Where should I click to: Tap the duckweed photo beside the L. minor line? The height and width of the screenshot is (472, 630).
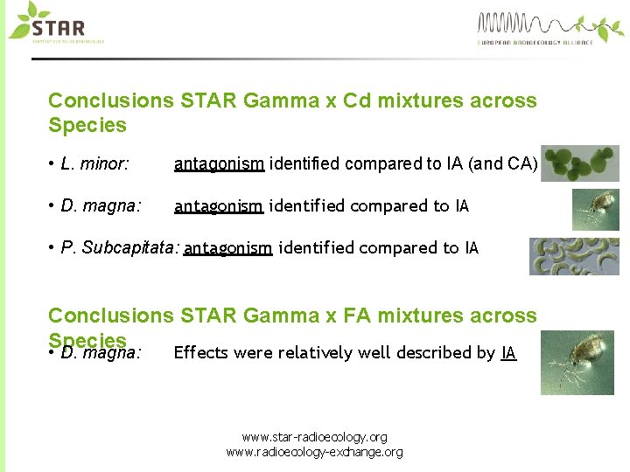579,163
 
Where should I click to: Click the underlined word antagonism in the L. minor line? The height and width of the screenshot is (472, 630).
219,163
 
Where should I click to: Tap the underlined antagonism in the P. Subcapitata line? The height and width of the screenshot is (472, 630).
227,248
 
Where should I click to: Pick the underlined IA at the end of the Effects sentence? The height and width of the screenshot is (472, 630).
508,353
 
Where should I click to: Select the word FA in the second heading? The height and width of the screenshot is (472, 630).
354,316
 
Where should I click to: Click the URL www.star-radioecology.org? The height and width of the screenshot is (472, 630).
314,437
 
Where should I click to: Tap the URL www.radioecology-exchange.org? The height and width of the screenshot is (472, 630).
314,452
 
